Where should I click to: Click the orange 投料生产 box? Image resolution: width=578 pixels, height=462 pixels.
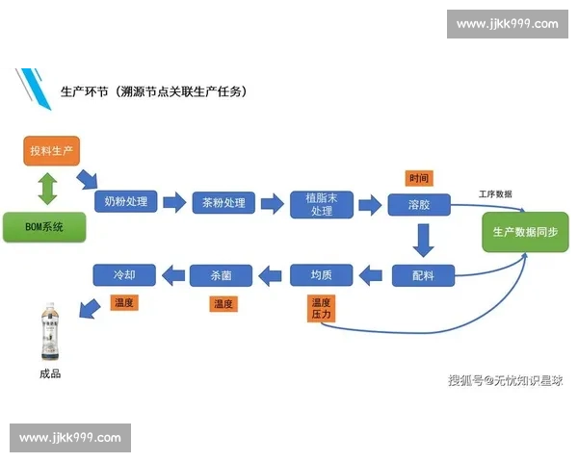click(51, 151)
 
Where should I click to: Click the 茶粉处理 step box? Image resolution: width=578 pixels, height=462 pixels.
click(223, 203)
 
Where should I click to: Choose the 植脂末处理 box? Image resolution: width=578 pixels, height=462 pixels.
click(321, 204)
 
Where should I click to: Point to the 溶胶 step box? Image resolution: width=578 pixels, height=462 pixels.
click(419, 204)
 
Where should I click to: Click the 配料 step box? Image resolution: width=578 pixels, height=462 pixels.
click(423, 275)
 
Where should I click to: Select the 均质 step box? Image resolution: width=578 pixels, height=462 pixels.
click(322, 276)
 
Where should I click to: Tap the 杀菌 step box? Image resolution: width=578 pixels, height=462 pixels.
click(223, 276)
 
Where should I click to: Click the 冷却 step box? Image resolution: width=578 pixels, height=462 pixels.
click(124, 275)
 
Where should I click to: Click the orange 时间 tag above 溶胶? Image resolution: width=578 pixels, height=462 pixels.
click(418, 178)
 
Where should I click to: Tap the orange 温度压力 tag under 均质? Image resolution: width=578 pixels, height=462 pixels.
click(321, 309)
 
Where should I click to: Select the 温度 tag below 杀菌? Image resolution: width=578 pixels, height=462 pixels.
click(223, 304)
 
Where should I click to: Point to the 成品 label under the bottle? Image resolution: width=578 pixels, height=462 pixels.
click(49, 373)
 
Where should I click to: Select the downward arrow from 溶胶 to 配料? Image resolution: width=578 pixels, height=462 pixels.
click(421, 239)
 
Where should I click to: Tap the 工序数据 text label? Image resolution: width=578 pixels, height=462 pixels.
click(495, 194)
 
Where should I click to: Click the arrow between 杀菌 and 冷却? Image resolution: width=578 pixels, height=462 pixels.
click(173, 276)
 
